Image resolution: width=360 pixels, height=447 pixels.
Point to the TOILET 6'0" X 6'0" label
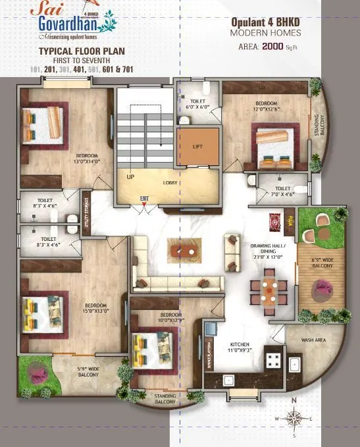pos(197,103)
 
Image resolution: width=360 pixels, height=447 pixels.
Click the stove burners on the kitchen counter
pos(273,360)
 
